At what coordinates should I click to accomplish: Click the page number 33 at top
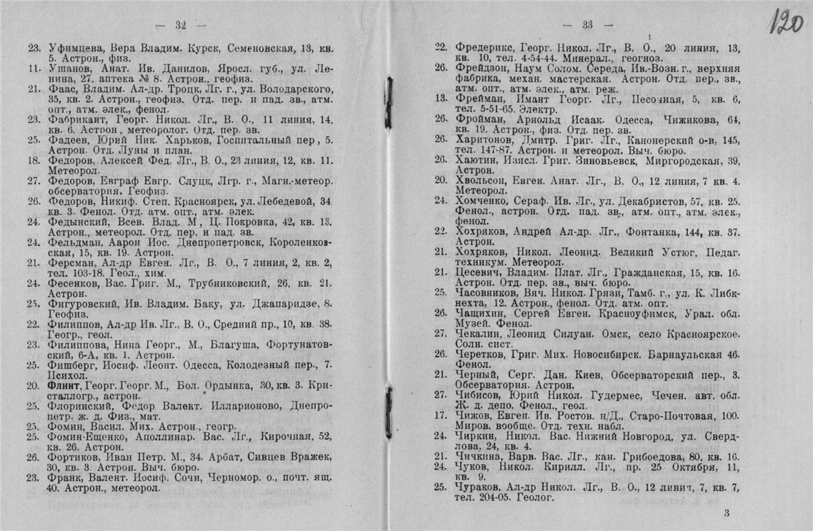587,24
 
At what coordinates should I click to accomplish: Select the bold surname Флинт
64,385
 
